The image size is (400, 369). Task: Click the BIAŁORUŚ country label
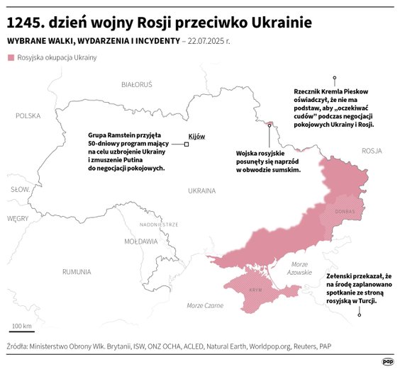point(137,84)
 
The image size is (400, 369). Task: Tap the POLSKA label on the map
point(28,115)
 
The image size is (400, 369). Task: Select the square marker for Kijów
point(187,144)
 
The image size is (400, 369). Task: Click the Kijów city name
point(196,136)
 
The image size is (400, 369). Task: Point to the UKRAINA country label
point(201,191)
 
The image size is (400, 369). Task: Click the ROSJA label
point(372,151)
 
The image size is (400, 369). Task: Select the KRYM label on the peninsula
point(256,290)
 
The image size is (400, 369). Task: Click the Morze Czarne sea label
point(205,305)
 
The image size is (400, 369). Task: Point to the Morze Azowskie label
point(300,268)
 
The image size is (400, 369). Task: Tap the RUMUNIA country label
point(76,272)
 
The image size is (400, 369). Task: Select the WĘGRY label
point(17,219)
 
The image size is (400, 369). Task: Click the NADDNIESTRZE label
point(159,224)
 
